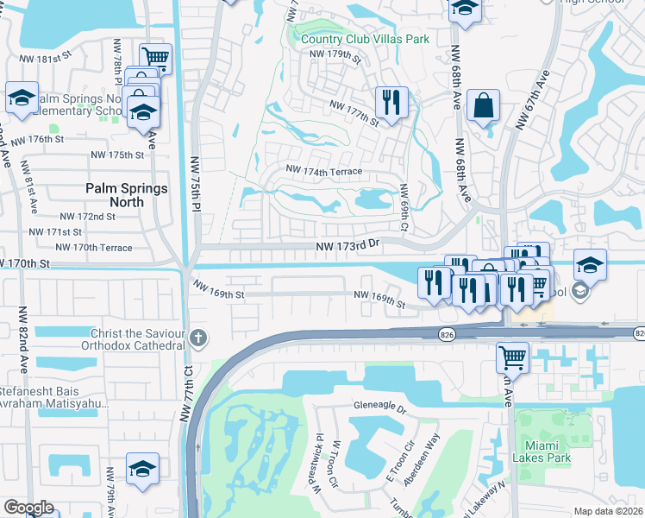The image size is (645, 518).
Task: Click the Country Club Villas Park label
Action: tap(366, 38)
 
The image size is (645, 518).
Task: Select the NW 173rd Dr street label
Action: tap(348, 246)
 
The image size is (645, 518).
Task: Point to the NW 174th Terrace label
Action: tap(323, 172)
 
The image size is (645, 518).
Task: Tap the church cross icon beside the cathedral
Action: tap(199, 338)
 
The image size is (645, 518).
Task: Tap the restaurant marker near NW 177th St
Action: tap(391, 103)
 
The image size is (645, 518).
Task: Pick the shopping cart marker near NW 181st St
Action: tap(155, 58)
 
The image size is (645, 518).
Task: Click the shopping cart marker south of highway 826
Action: tap(513, 356)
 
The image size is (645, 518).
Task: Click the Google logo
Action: tap(28, 508)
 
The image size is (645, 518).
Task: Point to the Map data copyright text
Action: tap(609, 511)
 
